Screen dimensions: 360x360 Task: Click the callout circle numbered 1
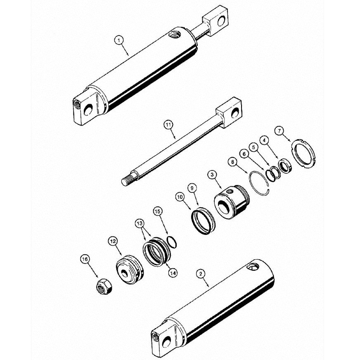tap(119, 40)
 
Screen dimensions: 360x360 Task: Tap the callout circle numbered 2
tap(200, 273)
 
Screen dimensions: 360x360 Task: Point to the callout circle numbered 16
tap(85, 260)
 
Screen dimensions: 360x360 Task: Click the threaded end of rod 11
tap(128, 181)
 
